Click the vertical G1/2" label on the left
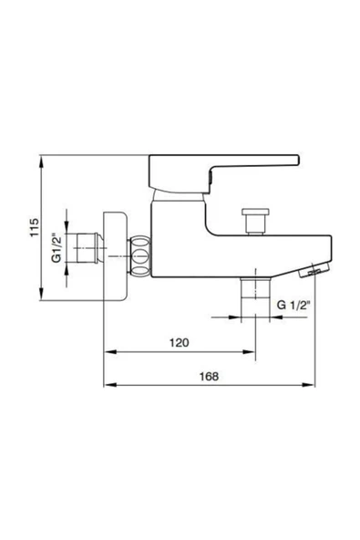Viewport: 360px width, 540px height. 56,246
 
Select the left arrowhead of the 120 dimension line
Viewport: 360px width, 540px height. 107,352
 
